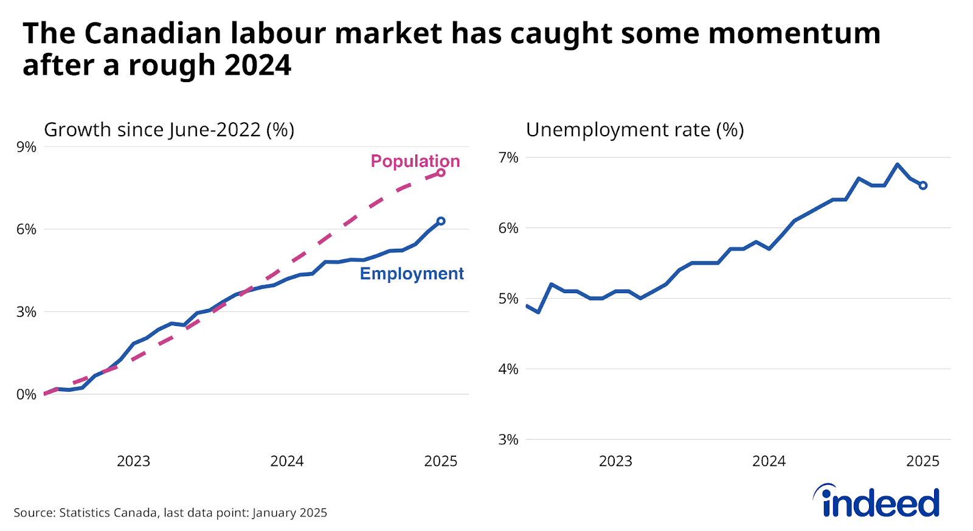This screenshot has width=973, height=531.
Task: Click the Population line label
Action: coord(415,161)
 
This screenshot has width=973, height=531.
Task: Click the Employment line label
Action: coord(412,274)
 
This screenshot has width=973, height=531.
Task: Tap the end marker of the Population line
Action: coord(441,173)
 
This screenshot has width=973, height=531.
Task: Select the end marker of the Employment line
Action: coord(441,221)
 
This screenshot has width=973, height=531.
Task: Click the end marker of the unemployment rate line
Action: coord(923,186)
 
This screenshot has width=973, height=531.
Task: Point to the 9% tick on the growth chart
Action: coord(26,147)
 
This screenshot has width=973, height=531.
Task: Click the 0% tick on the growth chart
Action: coord(26,395)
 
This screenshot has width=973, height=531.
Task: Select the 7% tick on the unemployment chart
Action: coord(508,158)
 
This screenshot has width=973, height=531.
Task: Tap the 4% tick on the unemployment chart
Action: coord(508,369)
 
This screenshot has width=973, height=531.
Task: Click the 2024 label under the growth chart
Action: coord(286,461)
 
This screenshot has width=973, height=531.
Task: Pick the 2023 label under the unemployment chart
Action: coord(615,461)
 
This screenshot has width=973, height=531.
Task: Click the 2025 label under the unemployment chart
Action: coord(923,461)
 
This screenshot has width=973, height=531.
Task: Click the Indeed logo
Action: coord(878,502)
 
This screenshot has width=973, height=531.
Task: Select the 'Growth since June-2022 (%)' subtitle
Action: coord(169,130)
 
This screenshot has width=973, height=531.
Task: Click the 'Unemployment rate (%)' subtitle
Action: coord(634,130)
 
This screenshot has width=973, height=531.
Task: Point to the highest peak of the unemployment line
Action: coord(897,164)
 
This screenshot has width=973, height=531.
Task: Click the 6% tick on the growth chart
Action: coord(26,229)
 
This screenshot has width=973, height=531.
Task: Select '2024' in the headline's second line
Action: coord(258,66)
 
